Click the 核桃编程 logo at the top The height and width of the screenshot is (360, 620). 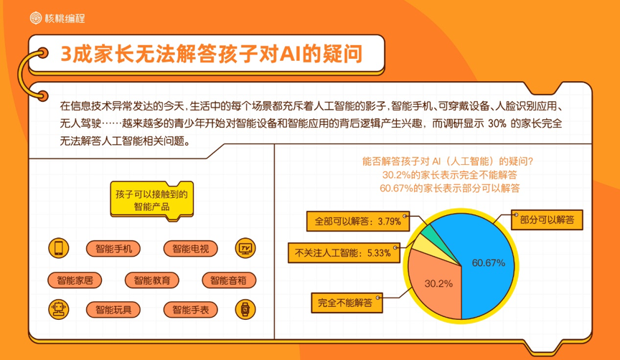(x=57, y=18)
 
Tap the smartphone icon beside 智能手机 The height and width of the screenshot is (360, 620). (x=59, y=248)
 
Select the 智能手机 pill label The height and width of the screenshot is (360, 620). (x=113, y=249)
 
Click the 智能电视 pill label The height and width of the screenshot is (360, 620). (x=191, y=249)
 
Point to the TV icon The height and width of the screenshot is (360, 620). (x=245, y=248)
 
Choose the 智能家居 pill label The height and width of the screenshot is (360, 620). (x=75, y=280)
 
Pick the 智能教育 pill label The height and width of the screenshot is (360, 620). (x=152, y=280)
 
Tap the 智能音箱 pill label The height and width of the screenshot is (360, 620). (x=229, y=280)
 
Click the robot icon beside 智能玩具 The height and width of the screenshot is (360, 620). (x=59, y=309)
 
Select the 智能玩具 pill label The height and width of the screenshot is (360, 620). (x=113, y=309)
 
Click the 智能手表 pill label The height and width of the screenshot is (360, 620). (x=191, y=309)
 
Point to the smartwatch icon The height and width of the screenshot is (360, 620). (x=245, y=309)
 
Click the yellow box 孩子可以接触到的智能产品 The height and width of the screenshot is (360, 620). (x=152, y=200)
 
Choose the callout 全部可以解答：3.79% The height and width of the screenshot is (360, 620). (x=358, y=221)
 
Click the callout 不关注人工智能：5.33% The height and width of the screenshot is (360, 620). (x=344, y=252)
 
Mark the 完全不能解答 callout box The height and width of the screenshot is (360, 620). (x=347, y=303)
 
